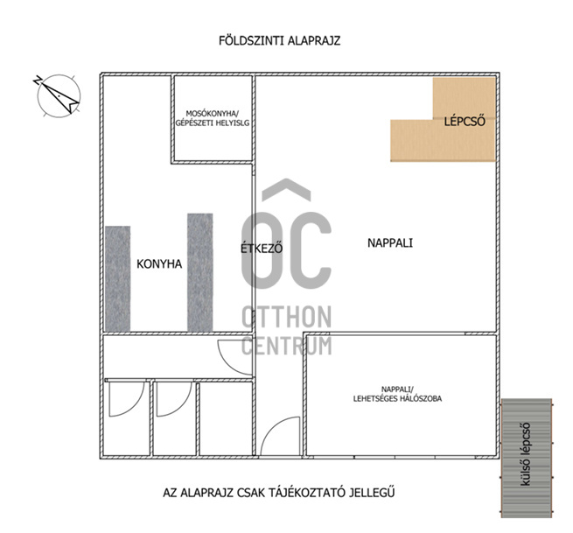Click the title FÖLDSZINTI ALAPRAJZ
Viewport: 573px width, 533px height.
click(280, 40)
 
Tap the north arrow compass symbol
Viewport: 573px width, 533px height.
click(59, 95)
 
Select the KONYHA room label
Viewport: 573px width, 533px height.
click(159, 264)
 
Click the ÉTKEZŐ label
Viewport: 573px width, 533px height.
click(262, 249)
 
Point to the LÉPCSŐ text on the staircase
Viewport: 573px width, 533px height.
click(465, 121)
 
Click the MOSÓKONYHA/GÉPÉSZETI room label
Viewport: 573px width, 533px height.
click(213, 118)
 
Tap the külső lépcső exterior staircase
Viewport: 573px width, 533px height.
click(527, 458)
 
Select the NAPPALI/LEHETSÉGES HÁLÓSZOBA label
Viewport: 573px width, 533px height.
click(397, 394)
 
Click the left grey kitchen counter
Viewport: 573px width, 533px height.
click(118, 278)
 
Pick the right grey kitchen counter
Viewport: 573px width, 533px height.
click(200, 272)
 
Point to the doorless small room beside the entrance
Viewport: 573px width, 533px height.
click(226, 418)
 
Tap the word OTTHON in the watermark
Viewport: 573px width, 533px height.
click(287, 318)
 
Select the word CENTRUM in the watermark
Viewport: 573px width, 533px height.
click(287, 346)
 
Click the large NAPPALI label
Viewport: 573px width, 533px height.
click(390, 242)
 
